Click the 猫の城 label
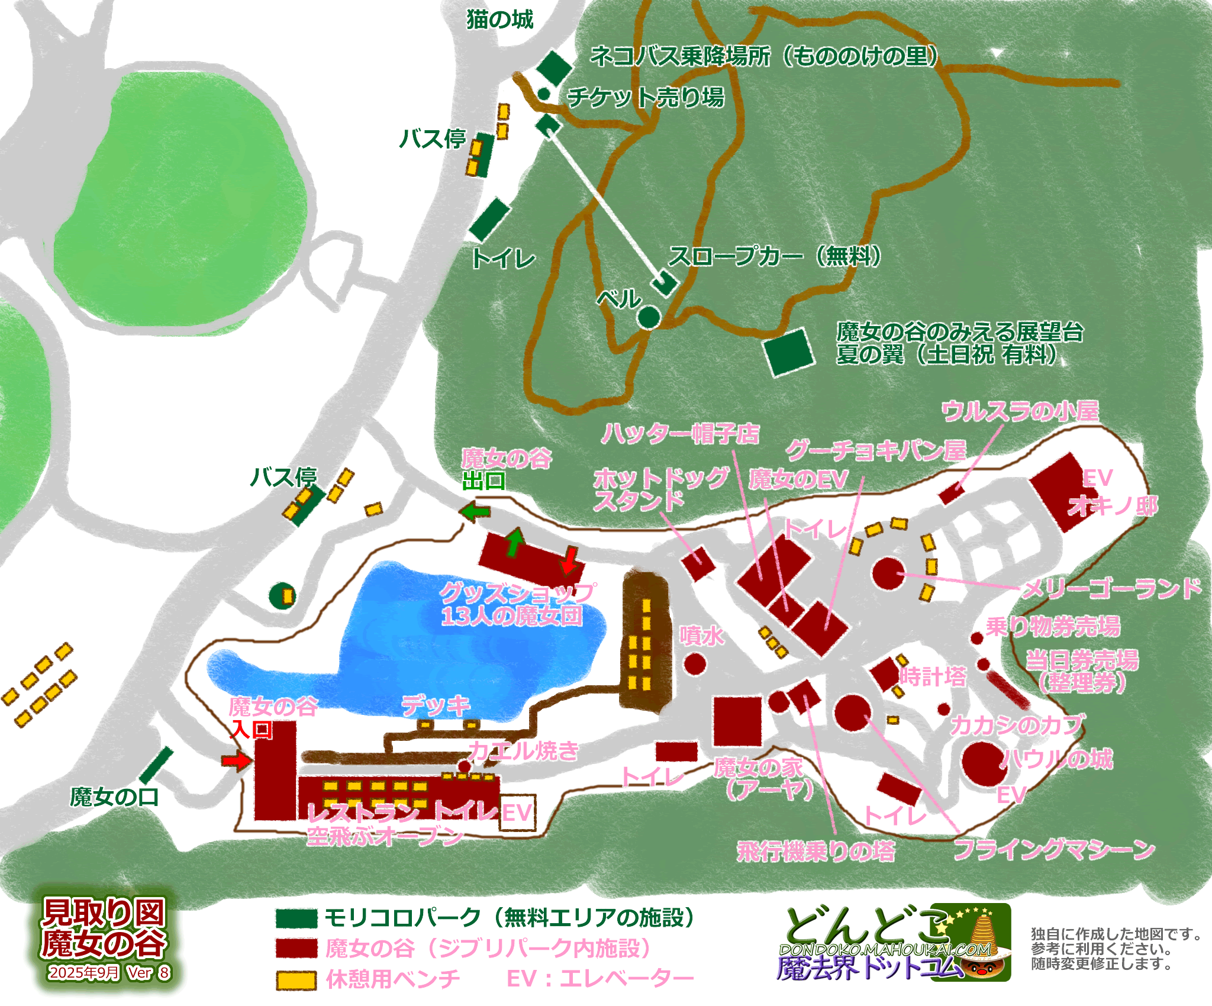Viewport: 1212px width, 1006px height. tap(500, 20)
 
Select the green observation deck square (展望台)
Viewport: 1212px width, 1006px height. tap(789, 352)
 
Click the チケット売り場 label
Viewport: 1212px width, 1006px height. tap(645, 97)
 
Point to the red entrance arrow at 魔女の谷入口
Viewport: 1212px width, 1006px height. tap(236, 760)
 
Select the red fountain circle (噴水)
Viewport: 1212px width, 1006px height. tap(695, 664)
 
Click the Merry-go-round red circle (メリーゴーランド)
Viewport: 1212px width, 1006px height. tap(888, 573)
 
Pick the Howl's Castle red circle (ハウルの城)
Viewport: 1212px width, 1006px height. tap(984, 763)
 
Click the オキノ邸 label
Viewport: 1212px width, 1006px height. tap(1113, 507)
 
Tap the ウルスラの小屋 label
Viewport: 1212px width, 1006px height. tap(1020, 411)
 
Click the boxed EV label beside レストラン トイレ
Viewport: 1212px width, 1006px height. tap(517, 813)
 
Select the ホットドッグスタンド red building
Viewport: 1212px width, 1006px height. tap(698, 562)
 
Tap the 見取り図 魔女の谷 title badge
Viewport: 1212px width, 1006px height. tap(104, 938)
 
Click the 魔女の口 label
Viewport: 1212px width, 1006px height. tap(114, 797)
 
